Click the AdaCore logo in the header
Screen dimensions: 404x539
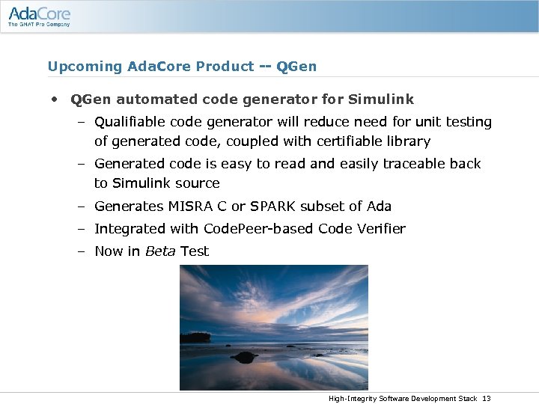pyautogui.click(x=39, y=13)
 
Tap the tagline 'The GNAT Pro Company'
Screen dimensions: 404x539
pyautogui.click(x=39, y=25)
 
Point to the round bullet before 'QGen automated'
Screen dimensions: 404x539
pyautogui.click(x=55, y=100)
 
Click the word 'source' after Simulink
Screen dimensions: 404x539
pyautogui.click(x=198, y=183)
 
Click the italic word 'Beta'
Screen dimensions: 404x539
pyautogui.click(x=159, y=251)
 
